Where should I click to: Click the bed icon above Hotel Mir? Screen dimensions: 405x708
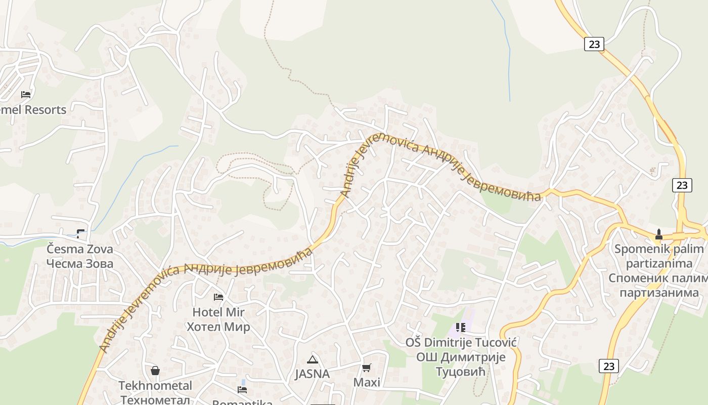(218, 297)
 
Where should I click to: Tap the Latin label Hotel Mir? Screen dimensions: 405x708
(218, 312)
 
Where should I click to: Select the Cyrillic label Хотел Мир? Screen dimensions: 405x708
(218, 327)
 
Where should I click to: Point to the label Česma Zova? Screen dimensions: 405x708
(80, 249)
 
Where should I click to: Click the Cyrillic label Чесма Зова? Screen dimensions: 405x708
(80, 264)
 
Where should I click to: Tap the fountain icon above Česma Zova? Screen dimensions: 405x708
(80, 233)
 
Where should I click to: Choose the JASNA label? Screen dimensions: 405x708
(312, 374)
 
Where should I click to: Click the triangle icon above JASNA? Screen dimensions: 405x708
(312, 359)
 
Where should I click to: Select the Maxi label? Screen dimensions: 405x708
(367, 382)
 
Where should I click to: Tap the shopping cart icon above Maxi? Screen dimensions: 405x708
(367, 368)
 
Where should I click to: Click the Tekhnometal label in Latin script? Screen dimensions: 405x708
(155, 386)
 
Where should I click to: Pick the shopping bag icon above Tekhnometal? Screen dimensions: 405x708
(155, 371)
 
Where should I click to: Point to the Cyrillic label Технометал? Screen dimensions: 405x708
(155, 399)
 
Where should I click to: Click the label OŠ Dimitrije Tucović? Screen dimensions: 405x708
(461, 343)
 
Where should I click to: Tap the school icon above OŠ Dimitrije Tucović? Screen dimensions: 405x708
(461, 328)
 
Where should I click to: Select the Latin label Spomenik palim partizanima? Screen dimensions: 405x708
(659, 256)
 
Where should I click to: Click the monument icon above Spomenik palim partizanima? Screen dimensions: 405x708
(658, 234)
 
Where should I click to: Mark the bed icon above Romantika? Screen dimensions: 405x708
(243, 389)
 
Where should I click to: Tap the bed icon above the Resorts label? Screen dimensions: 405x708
(26, 94)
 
